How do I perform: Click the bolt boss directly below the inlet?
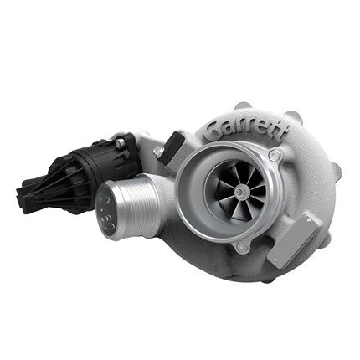point(243,246)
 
